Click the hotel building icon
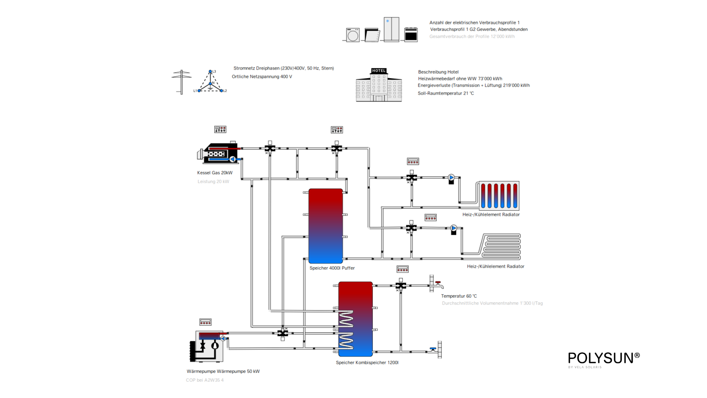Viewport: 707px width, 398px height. pos(379,85)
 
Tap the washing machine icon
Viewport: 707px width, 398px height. pos(352,35)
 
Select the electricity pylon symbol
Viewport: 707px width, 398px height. pos(182,82)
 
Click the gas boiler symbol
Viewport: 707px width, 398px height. pos(219,153)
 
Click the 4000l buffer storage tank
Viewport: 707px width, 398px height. pos(326,226)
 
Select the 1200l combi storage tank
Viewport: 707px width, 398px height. pos(355,319)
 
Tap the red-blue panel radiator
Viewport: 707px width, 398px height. pos(499,196)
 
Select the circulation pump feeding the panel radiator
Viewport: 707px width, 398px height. pos(451,178)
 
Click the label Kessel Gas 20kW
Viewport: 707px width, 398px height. pos(215,173)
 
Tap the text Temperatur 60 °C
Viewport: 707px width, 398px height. pos(459,296)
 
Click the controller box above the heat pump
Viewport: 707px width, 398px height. pos(205,322)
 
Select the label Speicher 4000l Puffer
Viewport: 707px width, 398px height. pos(332,268)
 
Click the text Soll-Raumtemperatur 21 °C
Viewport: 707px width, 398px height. pos(446,94)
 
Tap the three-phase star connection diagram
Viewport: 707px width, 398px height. pos(210,82)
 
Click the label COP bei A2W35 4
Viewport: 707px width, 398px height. pos(205,380)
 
